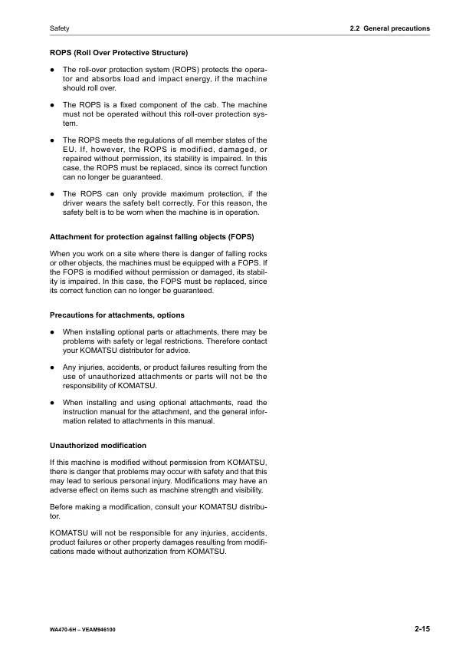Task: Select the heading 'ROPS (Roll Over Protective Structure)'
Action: click(119, 54)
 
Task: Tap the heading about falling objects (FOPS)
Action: click(152, 236)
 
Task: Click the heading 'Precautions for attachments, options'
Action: click(116, 315)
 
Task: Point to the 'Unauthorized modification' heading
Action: click(98, 445)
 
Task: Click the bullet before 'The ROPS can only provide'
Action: click(52, 194)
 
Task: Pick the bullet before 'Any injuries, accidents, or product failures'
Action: click(52, 367)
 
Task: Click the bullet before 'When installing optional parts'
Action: click(52, 332)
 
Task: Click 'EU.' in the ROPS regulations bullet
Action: click(68, 149)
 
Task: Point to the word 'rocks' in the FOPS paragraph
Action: click(257, 254)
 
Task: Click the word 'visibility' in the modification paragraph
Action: click(246, 489)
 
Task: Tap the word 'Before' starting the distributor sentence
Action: click(63, 507)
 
